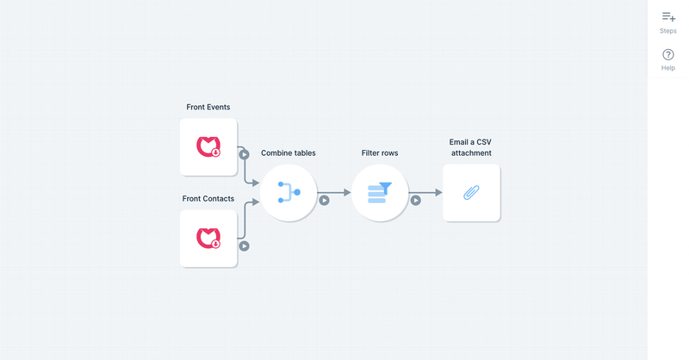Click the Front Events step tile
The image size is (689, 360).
208,147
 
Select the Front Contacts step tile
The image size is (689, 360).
208,238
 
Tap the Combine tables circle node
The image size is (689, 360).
289,193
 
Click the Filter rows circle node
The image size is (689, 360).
380,193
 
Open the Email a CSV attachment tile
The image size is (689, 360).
471,193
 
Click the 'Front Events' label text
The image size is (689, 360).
208,107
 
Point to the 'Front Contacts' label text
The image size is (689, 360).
208,198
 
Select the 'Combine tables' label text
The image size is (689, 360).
289,152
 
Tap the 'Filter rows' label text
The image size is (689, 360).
380,152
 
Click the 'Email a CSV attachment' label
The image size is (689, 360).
471,147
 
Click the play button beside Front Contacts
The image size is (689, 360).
245,245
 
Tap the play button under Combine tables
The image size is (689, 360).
325,201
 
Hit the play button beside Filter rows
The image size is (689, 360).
415,201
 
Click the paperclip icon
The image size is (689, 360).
471,193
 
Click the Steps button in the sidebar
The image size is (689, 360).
668,22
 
